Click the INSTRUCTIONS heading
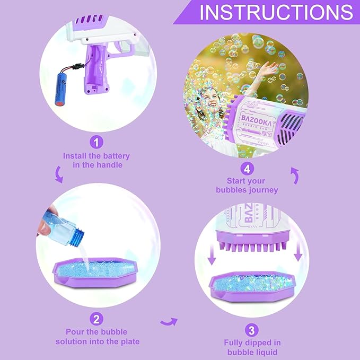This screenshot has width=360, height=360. pyautogui.click(x=276, y=12)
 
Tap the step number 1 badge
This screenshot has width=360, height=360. pyautogui.click(x=96, y=142)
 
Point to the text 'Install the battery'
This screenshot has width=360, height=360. pyautogui.click(x=96, y=156)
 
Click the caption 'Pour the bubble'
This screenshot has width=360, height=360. pyautogui.click(x=96, y=332)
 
